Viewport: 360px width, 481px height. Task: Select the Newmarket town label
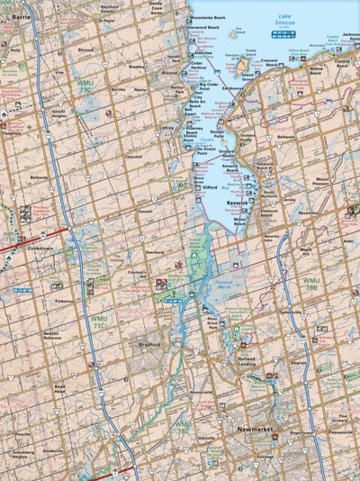255,430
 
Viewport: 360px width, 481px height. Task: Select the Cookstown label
41,248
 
